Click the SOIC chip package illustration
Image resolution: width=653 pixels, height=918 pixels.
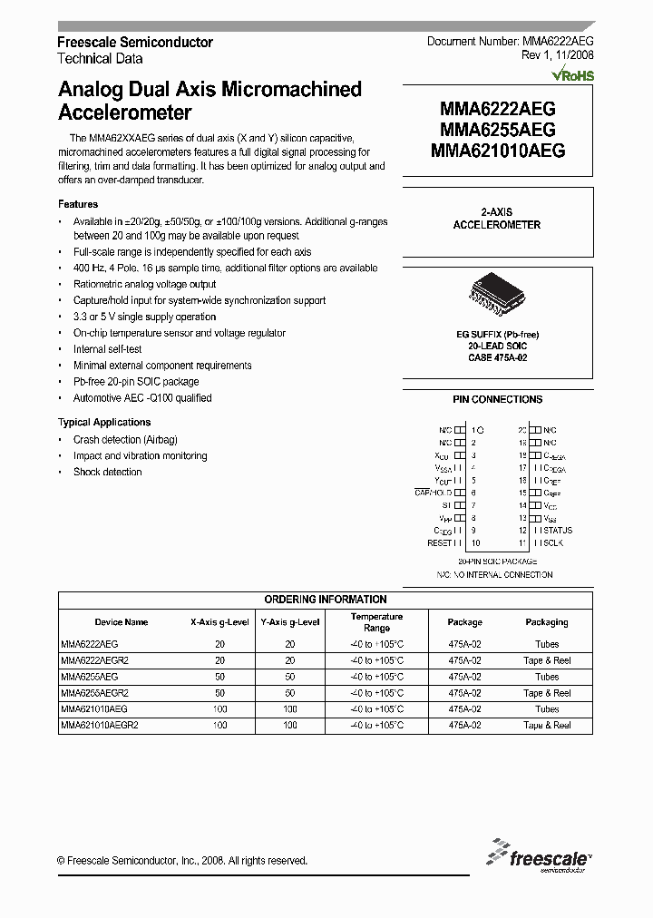coord(497,295)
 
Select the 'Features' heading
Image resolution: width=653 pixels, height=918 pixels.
coord(78,204)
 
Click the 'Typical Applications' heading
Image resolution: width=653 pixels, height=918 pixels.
coord(104,423)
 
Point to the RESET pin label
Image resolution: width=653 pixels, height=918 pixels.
coord(439,543)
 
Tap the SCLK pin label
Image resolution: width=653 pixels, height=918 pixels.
coord(552,543)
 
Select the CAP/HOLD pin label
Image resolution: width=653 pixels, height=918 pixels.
coord(434,492)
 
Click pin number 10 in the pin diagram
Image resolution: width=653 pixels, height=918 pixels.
coord(475,543)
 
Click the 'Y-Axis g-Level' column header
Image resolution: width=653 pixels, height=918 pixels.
coord(290,622)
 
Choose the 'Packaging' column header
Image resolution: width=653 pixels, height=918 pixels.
coord(547,622)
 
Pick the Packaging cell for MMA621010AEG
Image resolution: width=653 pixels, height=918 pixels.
coord(547,709)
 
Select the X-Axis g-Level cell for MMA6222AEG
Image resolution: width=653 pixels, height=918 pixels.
coord(219,644)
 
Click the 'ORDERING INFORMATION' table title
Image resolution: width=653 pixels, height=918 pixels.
coord(326,600)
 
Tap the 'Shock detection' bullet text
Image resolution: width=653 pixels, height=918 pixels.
coord(107,473)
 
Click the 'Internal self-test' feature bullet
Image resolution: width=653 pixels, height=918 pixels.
coord(108,349)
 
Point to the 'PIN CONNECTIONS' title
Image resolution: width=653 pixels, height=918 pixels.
coord(497,399)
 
